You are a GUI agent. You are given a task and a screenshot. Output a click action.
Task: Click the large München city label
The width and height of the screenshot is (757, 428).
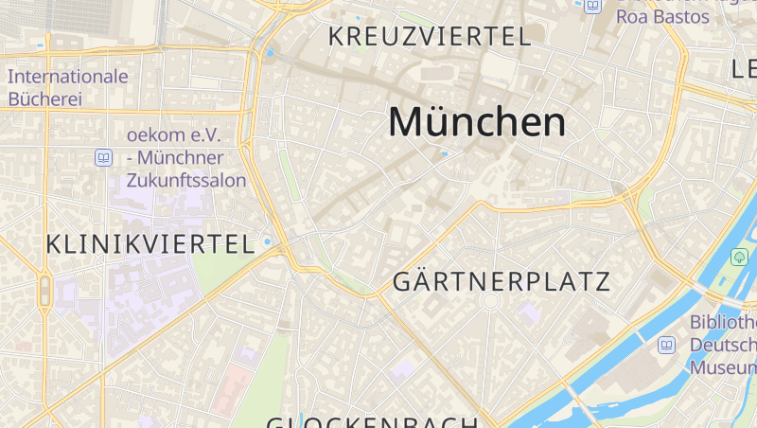(477, 122)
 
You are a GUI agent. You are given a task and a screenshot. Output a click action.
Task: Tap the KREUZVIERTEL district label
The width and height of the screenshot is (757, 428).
(429, 37)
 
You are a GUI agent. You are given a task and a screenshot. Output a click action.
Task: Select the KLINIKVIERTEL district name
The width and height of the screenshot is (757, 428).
(150, 243)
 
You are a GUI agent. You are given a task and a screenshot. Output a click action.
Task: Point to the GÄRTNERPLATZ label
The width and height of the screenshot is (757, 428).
(502, 281)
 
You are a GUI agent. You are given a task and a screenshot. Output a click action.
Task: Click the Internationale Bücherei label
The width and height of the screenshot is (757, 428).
(67, 86)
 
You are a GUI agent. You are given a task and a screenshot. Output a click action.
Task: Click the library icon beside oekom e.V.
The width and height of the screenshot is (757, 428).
(103, 158)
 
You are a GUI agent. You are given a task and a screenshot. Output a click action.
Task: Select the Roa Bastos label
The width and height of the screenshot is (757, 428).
(662, 17)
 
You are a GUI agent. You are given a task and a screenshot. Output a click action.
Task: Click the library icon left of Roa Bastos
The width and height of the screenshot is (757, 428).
(592, 6)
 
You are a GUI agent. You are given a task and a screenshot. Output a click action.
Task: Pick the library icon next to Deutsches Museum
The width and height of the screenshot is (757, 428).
(667, 346)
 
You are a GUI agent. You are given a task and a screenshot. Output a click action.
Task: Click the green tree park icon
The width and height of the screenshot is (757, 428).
(739, 257)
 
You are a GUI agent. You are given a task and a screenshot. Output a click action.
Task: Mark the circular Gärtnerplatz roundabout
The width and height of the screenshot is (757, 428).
(490, 301)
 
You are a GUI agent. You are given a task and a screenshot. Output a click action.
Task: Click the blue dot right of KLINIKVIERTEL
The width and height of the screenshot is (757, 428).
(267, 241)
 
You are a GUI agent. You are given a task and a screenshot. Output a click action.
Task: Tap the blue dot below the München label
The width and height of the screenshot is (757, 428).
(443, 152)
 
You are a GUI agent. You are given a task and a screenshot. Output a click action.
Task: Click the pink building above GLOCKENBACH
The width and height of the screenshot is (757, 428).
(233, 389)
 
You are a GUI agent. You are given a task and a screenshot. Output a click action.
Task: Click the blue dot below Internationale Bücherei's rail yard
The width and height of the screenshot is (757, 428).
(41, 45)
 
